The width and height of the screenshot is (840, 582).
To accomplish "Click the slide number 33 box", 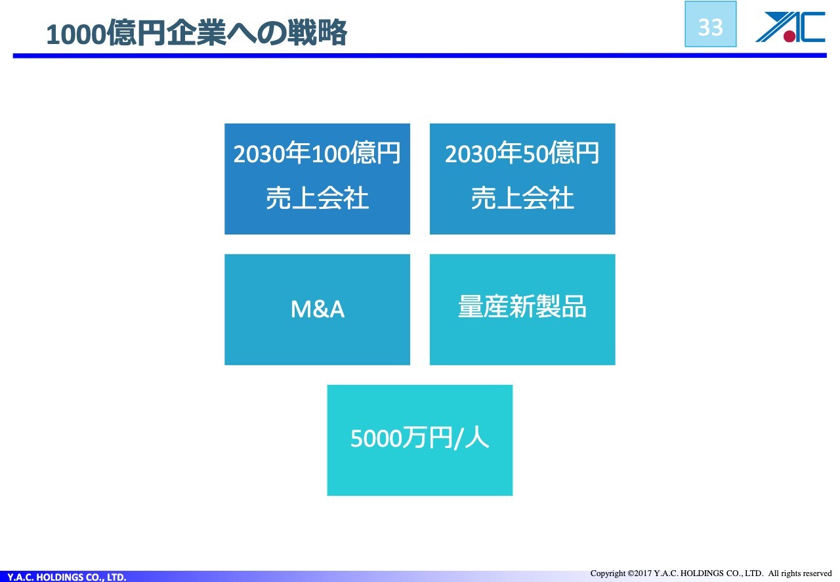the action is (710, 24).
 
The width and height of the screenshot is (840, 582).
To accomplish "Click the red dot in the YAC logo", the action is (789, 36).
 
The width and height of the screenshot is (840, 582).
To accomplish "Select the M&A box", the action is (317, 309).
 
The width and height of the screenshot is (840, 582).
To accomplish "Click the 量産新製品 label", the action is (522, 306).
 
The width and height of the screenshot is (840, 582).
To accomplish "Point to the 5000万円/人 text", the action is (420, 438).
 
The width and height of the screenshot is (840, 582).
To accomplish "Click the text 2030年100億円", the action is (317, 153).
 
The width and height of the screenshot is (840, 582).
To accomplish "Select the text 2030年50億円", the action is (522, 153).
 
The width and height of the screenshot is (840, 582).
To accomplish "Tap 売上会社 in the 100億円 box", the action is (317, 198).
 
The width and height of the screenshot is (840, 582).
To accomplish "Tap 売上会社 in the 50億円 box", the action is (522, 198).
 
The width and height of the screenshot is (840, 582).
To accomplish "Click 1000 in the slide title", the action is (76, 34).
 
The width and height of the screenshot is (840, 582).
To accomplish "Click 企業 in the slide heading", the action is (196, 33).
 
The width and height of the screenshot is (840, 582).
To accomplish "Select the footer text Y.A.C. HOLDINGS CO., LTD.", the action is (67, 577).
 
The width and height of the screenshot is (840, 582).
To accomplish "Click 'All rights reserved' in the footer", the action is (800, 573).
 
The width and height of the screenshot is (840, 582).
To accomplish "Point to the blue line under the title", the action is (419, 56).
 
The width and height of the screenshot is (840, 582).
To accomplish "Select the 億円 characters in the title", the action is (136, 33).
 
